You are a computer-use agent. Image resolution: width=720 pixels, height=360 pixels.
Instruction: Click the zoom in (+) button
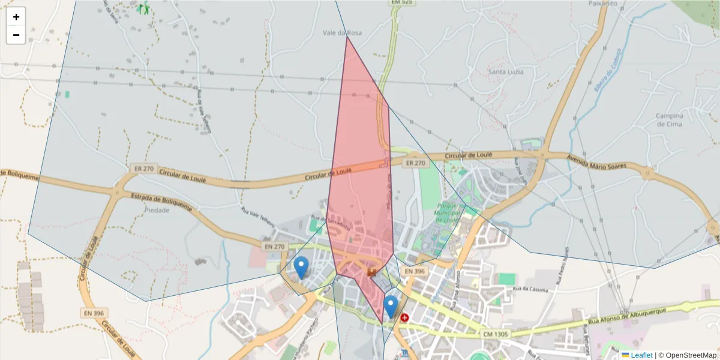16,17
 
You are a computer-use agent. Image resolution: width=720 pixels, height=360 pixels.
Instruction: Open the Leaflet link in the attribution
641,355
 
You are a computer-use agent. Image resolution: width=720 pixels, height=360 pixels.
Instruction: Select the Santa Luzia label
505,72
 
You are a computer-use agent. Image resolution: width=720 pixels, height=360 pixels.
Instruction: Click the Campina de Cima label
669,120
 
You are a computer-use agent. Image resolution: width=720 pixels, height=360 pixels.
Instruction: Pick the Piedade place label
157,211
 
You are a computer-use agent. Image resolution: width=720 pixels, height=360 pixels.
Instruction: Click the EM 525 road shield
402,2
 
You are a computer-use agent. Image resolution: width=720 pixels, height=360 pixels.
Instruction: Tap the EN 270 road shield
274,247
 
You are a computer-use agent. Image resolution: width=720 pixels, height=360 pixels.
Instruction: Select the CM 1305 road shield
494,334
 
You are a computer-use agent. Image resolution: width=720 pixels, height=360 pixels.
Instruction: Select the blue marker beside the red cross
391,306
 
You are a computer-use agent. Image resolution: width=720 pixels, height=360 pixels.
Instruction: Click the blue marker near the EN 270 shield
301,266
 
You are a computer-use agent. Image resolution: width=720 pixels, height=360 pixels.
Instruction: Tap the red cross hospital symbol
404,317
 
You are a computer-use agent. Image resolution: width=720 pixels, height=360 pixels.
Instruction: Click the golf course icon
143,8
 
